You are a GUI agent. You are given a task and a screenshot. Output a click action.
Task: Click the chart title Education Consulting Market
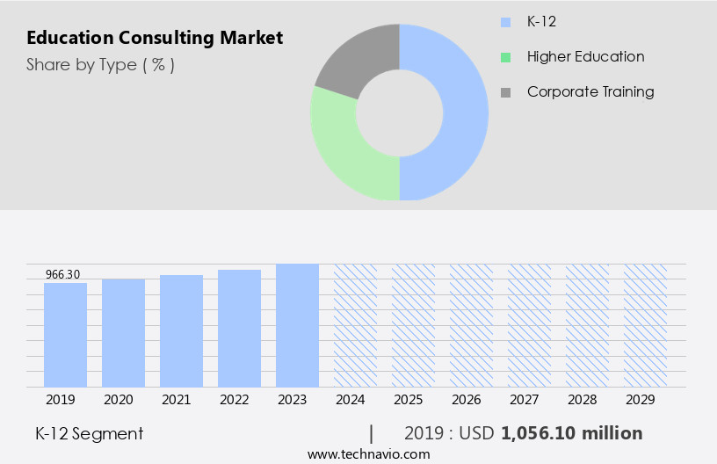click(x=155, y=38)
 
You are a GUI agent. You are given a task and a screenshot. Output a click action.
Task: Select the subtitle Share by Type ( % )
click(x=100, y=64)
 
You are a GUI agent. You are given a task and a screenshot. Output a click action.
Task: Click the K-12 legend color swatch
click(x=505, y=22)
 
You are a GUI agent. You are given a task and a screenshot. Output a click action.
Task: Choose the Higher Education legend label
click(x=585, y=56)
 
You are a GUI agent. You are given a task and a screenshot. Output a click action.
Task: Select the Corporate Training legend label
click(x=590, y=91)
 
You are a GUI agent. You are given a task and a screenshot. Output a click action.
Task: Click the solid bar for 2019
click(x=66, y=335)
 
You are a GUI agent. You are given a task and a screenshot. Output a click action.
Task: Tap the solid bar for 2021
click(x=182, y=330)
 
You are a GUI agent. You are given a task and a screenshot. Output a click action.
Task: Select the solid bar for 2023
click(x=298, y=325)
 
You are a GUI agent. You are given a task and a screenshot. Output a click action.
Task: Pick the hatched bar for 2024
click(x=356, y=325)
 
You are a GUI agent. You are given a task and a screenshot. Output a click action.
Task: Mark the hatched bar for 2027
click(x=530, y=325)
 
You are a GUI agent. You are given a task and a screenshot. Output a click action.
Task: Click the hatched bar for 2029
click(x=646, y=325)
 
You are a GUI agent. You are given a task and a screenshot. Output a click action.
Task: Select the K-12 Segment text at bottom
click(x=89, y=433)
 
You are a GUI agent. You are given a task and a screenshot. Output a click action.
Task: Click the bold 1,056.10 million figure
click(x=571, y=433)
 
